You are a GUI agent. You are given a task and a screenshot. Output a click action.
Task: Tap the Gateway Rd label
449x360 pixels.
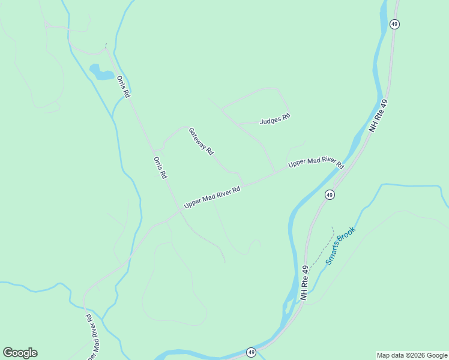point(201,142)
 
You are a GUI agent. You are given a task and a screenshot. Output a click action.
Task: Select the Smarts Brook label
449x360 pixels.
point(341,245)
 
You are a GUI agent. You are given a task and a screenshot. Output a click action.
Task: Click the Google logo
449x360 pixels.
point(20,353)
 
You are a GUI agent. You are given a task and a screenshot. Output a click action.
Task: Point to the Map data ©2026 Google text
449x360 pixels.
point(412,355)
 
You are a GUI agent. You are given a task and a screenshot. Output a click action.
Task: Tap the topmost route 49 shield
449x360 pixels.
point(394,24)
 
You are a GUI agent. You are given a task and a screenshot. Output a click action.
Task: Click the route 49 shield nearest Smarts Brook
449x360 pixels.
point(330,195)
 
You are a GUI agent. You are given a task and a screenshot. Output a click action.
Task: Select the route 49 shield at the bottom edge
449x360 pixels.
point(251,352)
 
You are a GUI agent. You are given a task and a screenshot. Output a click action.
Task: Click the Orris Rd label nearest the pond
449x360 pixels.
point(124,86)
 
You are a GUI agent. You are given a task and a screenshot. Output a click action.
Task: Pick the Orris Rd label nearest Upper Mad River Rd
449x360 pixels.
point(160,168)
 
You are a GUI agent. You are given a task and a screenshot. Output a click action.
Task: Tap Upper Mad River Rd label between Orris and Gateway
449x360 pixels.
point(212,197)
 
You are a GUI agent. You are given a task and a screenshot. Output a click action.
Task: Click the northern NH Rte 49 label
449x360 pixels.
point(379,116)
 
